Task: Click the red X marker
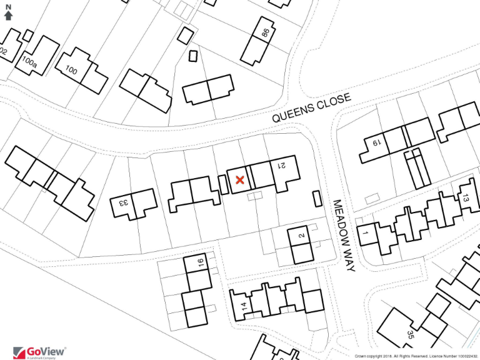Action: click(x=239, y=180)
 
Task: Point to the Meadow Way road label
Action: click(x=343, y=235)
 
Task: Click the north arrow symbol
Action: click(x=8, y=15)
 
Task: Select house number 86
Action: click(x=265, y=32)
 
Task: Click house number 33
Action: click(x=123, y=202)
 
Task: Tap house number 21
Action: click(x=281, y=165)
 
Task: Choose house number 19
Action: click(x=376, y=143)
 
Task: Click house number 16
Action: click(x=201, y=262)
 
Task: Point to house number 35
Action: click(x=410, y=335)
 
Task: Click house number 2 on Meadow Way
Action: click(x=301, y=236)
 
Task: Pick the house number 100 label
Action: click(x=71, y=71)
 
